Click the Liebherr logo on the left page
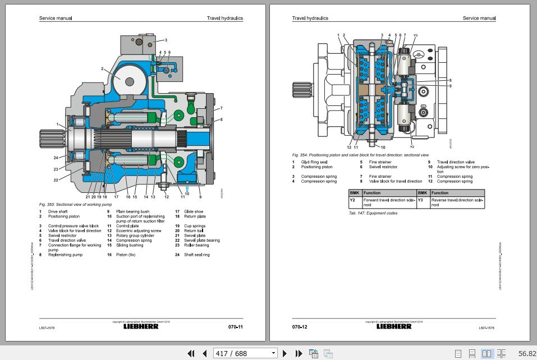(x=141, y=326)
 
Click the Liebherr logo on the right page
(x=394, y=326)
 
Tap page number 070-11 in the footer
(x=235, y=326)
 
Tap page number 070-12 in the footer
(x=300, y=326)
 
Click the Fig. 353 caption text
(x=75, y=205)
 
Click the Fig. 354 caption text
(x=360, y=155)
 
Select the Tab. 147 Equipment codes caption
(x=373, y=213)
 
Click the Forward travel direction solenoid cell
(x=389, y=202)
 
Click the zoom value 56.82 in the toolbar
(x=526, y=353)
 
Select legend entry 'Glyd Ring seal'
(x=314, y=162)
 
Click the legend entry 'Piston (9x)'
(x=126, y=255)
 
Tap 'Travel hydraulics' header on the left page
(x=224, y=18)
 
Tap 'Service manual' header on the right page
(x=479, y=18)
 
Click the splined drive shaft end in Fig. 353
(x=48, y=139)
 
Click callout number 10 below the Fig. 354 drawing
(x=383, y=147)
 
